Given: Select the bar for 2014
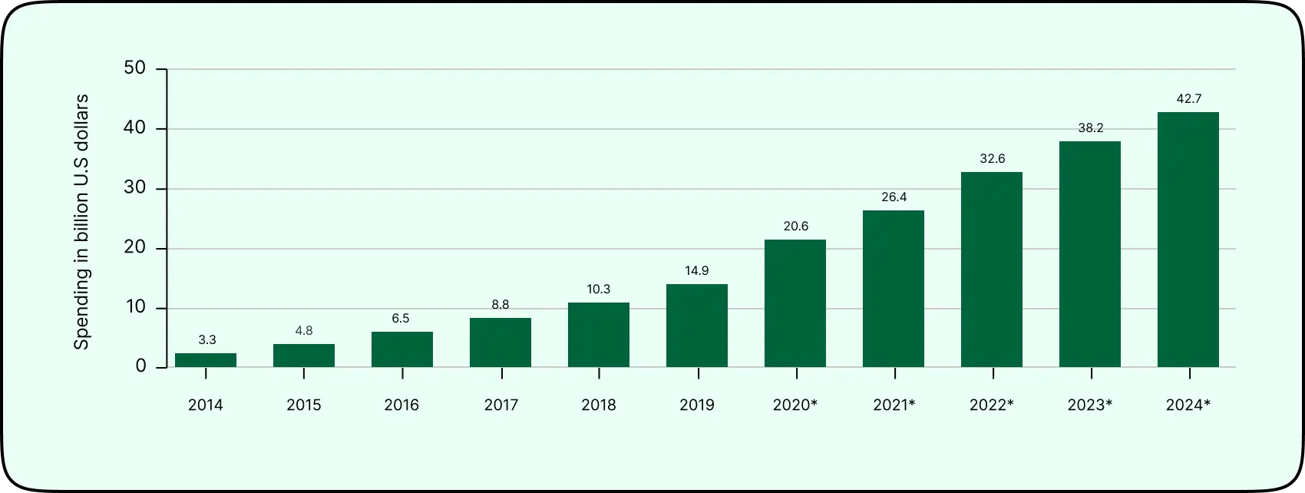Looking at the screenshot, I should point(206,360).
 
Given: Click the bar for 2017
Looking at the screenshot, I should point(501,342).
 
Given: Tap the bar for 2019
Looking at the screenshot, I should point(697,326).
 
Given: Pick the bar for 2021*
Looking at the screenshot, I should point(894,289).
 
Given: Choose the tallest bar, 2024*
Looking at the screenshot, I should point(1188,240).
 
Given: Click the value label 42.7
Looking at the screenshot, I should point(1188,98).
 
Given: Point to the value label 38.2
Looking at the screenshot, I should point(1090,127).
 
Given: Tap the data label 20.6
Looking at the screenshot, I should point(795,226).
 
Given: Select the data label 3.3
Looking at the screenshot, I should point(206,339).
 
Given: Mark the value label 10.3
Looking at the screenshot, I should point(598,289).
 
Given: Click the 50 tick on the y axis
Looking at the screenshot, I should point(134,68).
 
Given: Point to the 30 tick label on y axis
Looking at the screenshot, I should point(134,188).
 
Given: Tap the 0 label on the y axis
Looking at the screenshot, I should point(140,366).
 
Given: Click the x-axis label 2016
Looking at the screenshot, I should point(401,405).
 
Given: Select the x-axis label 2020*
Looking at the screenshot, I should point(795,405).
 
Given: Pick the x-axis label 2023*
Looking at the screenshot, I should point(1090,405).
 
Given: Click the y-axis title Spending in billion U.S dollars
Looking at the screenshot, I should point(81,221).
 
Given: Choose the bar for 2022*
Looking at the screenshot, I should point(992,270).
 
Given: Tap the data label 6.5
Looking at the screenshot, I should point(401,318).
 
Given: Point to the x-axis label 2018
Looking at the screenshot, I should point(598,405).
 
